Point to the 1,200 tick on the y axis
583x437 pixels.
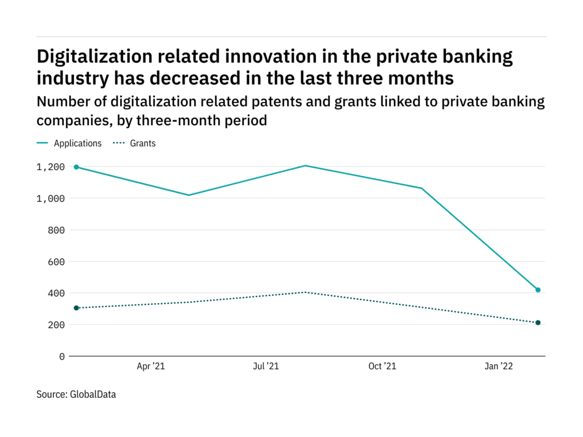coord(50,167)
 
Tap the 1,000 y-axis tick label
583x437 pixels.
coord(50,199)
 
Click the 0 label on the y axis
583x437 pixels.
coord(61,356)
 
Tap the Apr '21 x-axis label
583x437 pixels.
coord(150,367)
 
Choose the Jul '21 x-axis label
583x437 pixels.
coord(266,367)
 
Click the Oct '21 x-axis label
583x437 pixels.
coord(382,367)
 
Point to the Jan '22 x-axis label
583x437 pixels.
coord(498,367)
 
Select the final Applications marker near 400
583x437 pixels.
coord(537,290)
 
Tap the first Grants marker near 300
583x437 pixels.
coord(76,308)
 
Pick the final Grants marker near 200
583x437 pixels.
coord(537,323)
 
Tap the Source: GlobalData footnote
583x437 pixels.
coord(76,394)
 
